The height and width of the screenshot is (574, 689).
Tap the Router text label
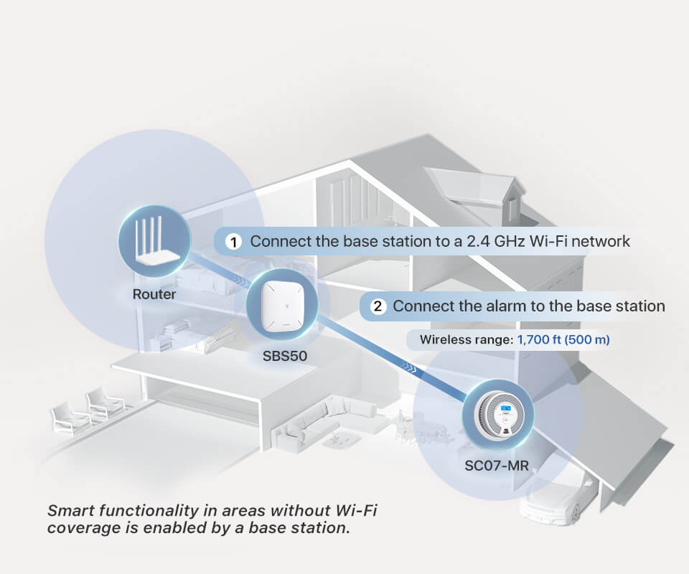click(154, 294)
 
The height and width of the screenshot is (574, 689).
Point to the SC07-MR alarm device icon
click(497, 416)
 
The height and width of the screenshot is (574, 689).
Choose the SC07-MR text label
click(497, 466)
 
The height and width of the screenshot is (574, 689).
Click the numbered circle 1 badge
click(233, 242)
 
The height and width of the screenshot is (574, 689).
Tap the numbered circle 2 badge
click(378, 307)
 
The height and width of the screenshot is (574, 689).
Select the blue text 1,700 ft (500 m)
click(563, 339)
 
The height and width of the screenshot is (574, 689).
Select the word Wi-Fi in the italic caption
click(352, 512)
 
